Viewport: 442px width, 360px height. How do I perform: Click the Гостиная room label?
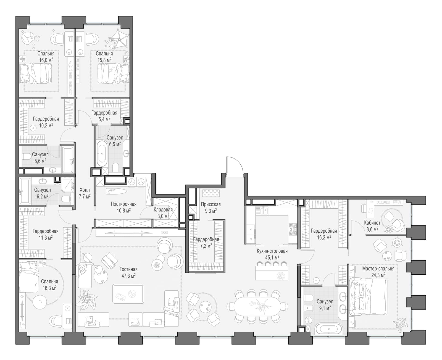point(128,269)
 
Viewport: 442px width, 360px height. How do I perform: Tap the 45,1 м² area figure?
point(272,257)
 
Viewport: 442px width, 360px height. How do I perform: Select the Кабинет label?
point(372,223)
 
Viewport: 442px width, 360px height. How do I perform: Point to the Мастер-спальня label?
point(378,269)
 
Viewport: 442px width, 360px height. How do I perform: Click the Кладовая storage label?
point(163,210)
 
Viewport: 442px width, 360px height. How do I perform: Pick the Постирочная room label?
point(123,204)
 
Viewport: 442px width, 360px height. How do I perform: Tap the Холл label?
point(85,190)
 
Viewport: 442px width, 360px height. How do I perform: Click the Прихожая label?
point(211,204)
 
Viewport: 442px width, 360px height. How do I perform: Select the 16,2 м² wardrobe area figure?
point(324,237)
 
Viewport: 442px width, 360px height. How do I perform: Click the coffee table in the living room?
point(128,294)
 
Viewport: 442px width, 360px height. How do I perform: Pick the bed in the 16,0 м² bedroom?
point(35,73)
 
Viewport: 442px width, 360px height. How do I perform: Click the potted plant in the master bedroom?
point(399,323)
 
